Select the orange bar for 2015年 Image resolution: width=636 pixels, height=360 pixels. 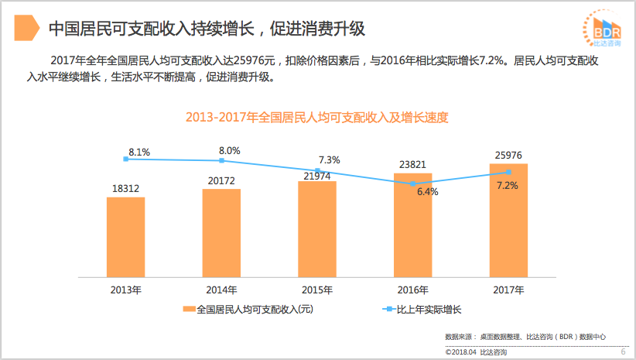pyautogui.click(x=317, y=228)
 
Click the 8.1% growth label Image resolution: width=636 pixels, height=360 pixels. pyautogui.click(x=139, y=153)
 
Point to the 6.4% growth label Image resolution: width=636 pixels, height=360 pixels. pyautogui.click(x=427, y=191)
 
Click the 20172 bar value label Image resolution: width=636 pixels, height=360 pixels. pyautogui.click(x=221, y=180)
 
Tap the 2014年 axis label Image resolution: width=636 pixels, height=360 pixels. pyautogui.click(x=221, y=290)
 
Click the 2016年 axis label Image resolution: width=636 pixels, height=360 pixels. pyautogui.click(x=412, y=290)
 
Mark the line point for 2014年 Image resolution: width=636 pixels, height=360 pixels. pyautogui.click(x=221, y=160)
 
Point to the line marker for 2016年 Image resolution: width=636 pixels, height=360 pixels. pyautogui.click(x=412, y=183)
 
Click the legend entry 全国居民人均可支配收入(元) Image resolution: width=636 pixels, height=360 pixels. pyautogui.click(x=247, y=310)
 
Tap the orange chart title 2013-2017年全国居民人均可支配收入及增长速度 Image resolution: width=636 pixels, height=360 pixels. pyautogui.click(x=317, y=118)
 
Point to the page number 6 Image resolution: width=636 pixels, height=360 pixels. pyautogui.click(x=623, y=352)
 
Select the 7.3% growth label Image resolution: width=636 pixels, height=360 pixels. pyautogui.click(x=330, y=160)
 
